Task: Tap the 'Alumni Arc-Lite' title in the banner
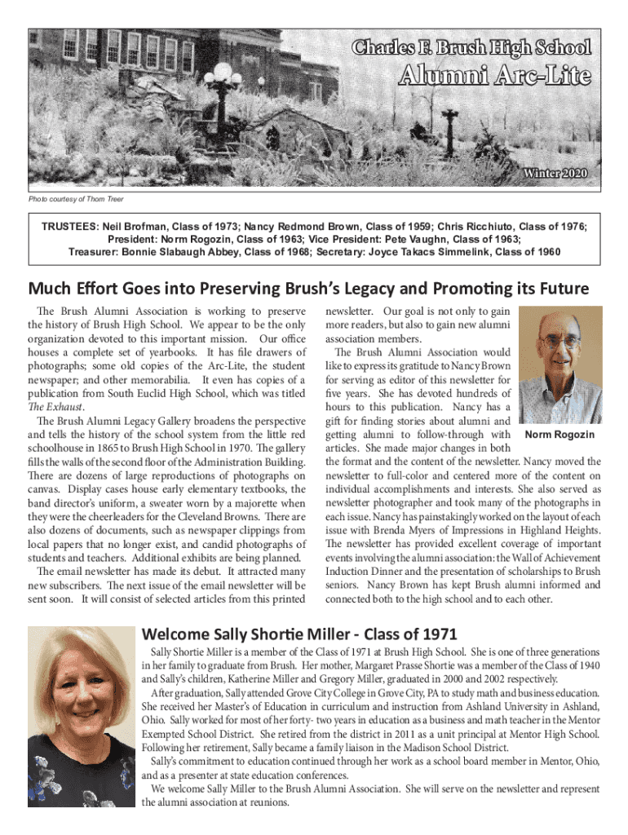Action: [x=493, y=77]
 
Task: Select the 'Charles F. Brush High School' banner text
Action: [x=472, y=47]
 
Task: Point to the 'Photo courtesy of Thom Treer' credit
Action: [x=77, y=199]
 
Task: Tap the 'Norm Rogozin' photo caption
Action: [x=560, y=435]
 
